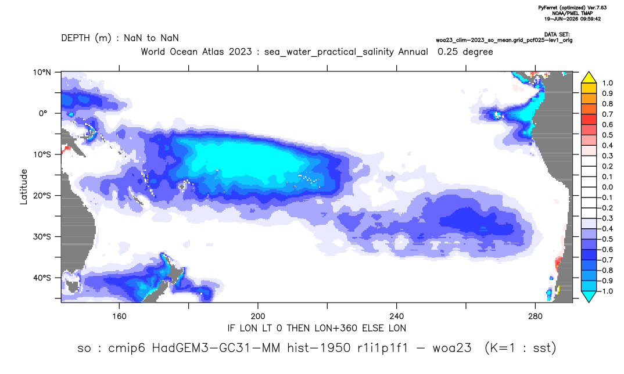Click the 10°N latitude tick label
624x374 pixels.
[x=42, y=73]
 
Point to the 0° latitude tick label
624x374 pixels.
[x=43, y=113]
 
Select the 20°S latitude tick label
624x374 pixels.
[x=42, y=196]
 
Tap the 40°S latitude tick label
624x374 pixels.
[x=42, y=278]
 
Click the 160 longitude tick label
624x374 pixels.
[x=119, y=317]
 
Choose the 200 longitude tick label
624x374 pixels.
[x=258, y=317]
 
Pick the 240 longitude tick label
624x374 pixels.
[x=396, y=317]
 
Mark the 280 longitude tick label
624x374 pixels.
[x=535, y=317]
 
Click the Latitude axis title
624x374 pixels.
[x=24, y=187]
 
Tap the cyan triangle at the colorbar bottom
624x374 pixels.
[x=589, y=296]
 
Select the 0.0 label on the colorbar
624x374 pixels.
[x=607, y=188]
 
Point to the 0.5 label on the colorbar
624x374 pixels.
[x=607, y=135]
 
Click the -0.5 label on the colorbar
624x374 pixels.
[x=606, y=239]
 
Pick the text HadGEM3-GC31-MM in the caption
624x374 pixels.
[x=216, y=348]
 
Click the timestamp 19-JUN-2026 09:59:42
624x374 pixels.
[x=572, y=19]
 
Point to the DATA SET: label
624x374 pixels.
[x=557, y=35]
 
